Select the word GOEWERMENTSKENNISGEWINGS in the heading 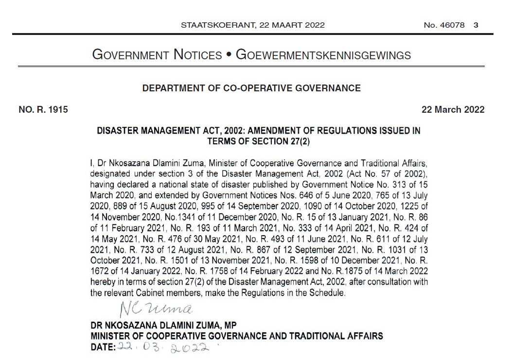(x=323, y=55)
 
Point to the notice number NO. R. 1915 (x=43, y=110)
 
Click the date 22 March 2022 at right (x=453, y=110)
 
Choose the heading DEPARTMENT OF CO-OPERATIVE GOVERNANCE (x=251, y=88)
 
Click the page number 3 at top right (x=476, y=25)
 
